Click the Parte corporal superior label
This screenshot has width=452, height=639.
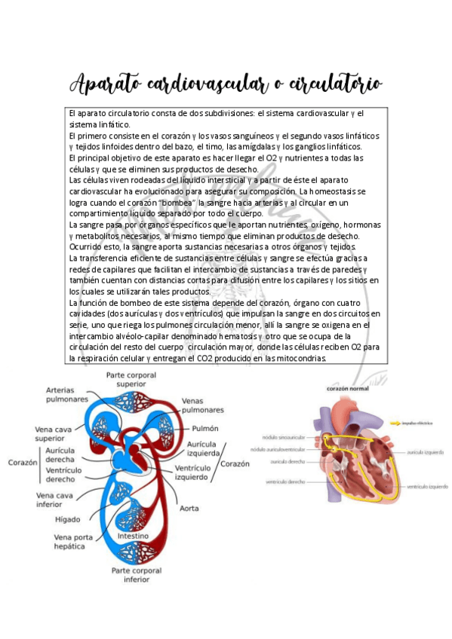coord(131,378)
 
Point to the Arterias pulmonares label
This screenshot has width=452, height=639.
coord(66,394)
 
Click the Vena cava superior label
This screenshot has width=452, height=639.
coord(54,433)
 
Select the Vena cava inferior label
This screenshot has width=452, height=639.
coord(54,500)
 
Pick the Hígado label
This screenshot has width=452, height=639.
coord(68,519)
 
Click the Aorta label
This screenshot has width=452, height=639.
coord(189,508)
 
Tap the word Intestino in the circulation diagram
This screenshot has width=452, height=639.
coord(132,537)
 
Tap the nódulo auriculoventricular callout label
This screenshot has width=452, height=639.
coord(279,448)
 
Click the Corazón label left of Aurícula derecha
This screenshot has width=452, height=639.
coord(23,462)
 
